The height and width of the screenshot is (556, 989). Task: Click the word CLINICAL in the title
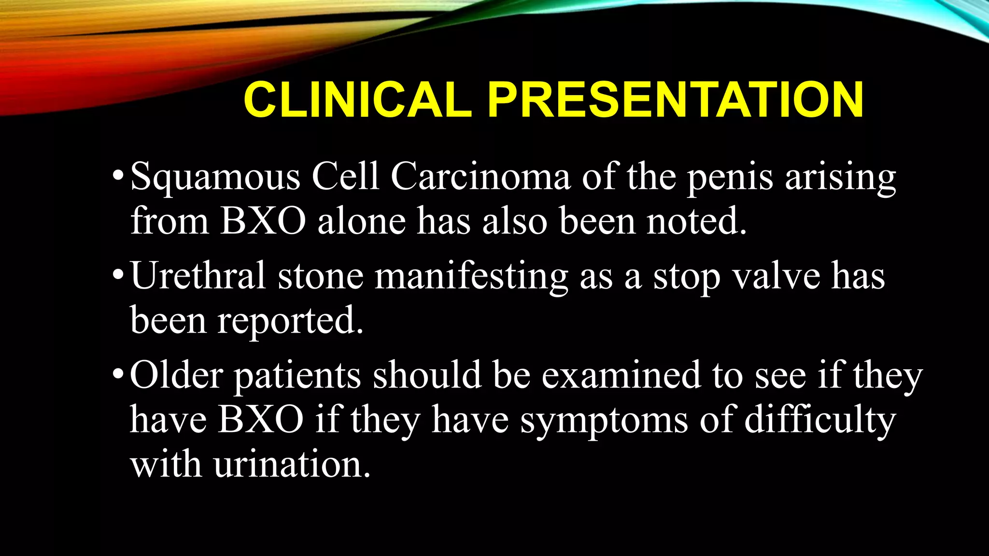(x=357, y=99)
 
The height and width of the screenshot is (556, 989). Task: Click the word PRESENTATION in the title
(x=675, y=99)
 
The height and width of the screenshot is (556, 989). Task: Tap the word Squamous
(x=215, y=178)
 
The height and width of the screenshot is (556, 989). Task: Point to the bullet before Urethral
(x=118, y=274)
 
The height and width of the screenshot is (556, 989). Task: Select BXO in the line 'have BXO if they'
(x=261, y=419)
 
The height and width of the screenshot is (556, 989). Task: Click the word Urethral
(x=198, y=276)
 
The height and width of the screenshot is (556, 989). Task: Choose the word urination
(x=292, y=465)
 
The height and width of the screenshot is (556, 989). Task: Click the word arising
(x=840, y=178)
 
